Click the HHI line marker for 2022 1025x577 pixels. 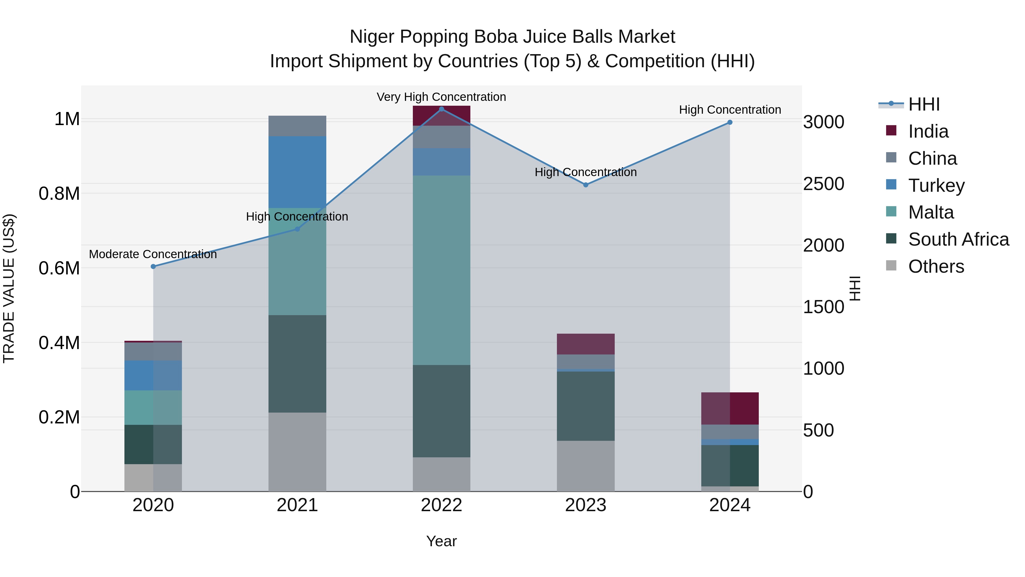pos(441,109)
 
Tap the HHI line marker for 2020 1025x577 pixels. pos(153,266)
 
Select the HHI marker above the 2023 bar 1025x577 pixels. pos(585,185)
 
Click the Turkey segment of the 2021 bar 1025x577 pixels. pos(297,172)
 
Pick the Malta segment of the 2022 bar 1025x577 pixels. pos(441,270)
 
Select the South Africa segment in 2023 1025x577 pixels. pos(585,406)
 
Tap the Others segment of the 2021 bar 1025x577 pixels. pos(297,452)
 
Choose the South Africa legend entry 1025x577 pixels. pos(958,239)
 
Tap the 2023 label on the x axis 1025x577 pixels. pos(585,505)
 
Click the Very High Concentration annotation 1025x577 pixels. pos(441,97)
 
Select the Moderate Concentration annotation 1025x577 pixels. pos(153,254)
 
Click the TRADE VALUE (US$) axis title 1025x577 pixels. pos(9,288)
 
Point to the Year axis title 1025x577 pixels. pos(441,541)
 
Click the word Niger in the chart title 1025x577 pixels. pos(372,37)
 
